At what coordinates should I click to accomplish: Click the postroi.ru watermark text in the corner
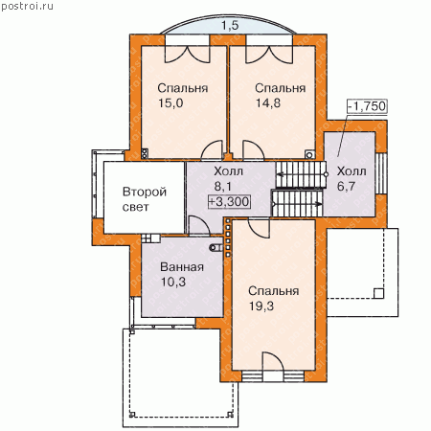pos(27,7)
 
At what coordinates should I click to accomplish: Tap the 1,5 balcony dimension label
pos(230,25)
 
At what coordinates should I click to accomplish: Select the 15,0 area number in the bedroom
pos(170,103)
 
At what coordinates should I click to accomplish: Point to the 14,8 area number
pos(268,103)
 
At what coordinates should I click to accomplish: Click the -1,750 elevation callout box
pos(367,106)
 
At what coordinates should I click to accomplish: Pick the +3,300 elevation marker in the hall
pos(229,201)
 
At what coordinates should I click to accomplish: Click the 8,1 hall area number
pos(223,186)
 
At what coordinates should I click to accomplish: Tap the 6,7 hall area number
pos(346,186)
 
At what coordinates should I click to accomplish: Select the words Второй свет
pos(145,199)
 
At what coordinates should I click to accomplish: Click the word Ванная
pos(182,267)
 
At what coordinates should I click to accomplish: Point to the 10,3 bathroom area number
pos(173,282)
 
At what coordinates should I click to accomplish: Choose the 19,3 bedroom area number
pos(261,306)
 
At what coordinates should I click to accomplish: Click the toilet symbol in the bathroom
pos(215,247)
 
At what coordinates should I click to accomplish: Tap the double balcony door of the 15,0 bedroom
pos(188,54)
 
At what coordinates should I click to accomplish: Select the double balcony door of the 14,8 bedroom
pos(269,55)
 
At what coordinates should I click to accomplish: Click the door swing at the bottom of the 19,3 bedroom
pos(273,362)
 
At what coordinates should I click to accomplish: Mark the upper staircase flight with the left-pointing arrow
pos(301,174)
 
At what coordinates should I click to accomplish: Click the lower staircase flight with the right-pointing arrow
pos(297,203)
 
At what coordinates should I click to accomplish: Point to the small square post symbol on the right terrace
pos(378,293)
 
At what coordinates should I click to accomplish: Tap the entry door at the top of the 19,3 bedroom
pos(260,229)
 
